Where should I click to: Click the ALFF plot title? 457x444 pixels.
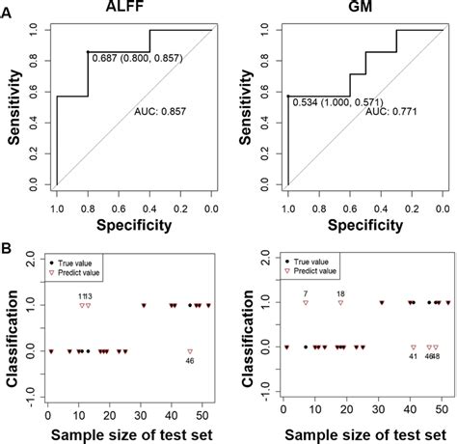coord(131,8)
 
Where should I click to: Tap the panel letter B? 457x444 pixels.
coord(8,249)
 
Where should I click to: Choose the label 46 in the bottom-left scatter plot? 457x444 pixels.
coord(190,363)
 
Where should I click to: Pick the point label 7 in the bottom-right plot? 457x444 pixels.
coord(305,292)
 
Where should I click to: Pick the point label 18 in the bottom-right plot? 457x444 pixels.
coord(340,292)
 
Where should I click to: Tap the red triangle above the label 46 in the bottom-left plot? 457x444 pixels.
coord(190,351)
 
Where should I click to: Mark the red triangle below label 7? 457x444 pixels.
coord(305,303)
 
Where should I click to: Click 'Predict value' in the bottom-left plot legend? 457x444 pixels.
coord(86,276)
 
